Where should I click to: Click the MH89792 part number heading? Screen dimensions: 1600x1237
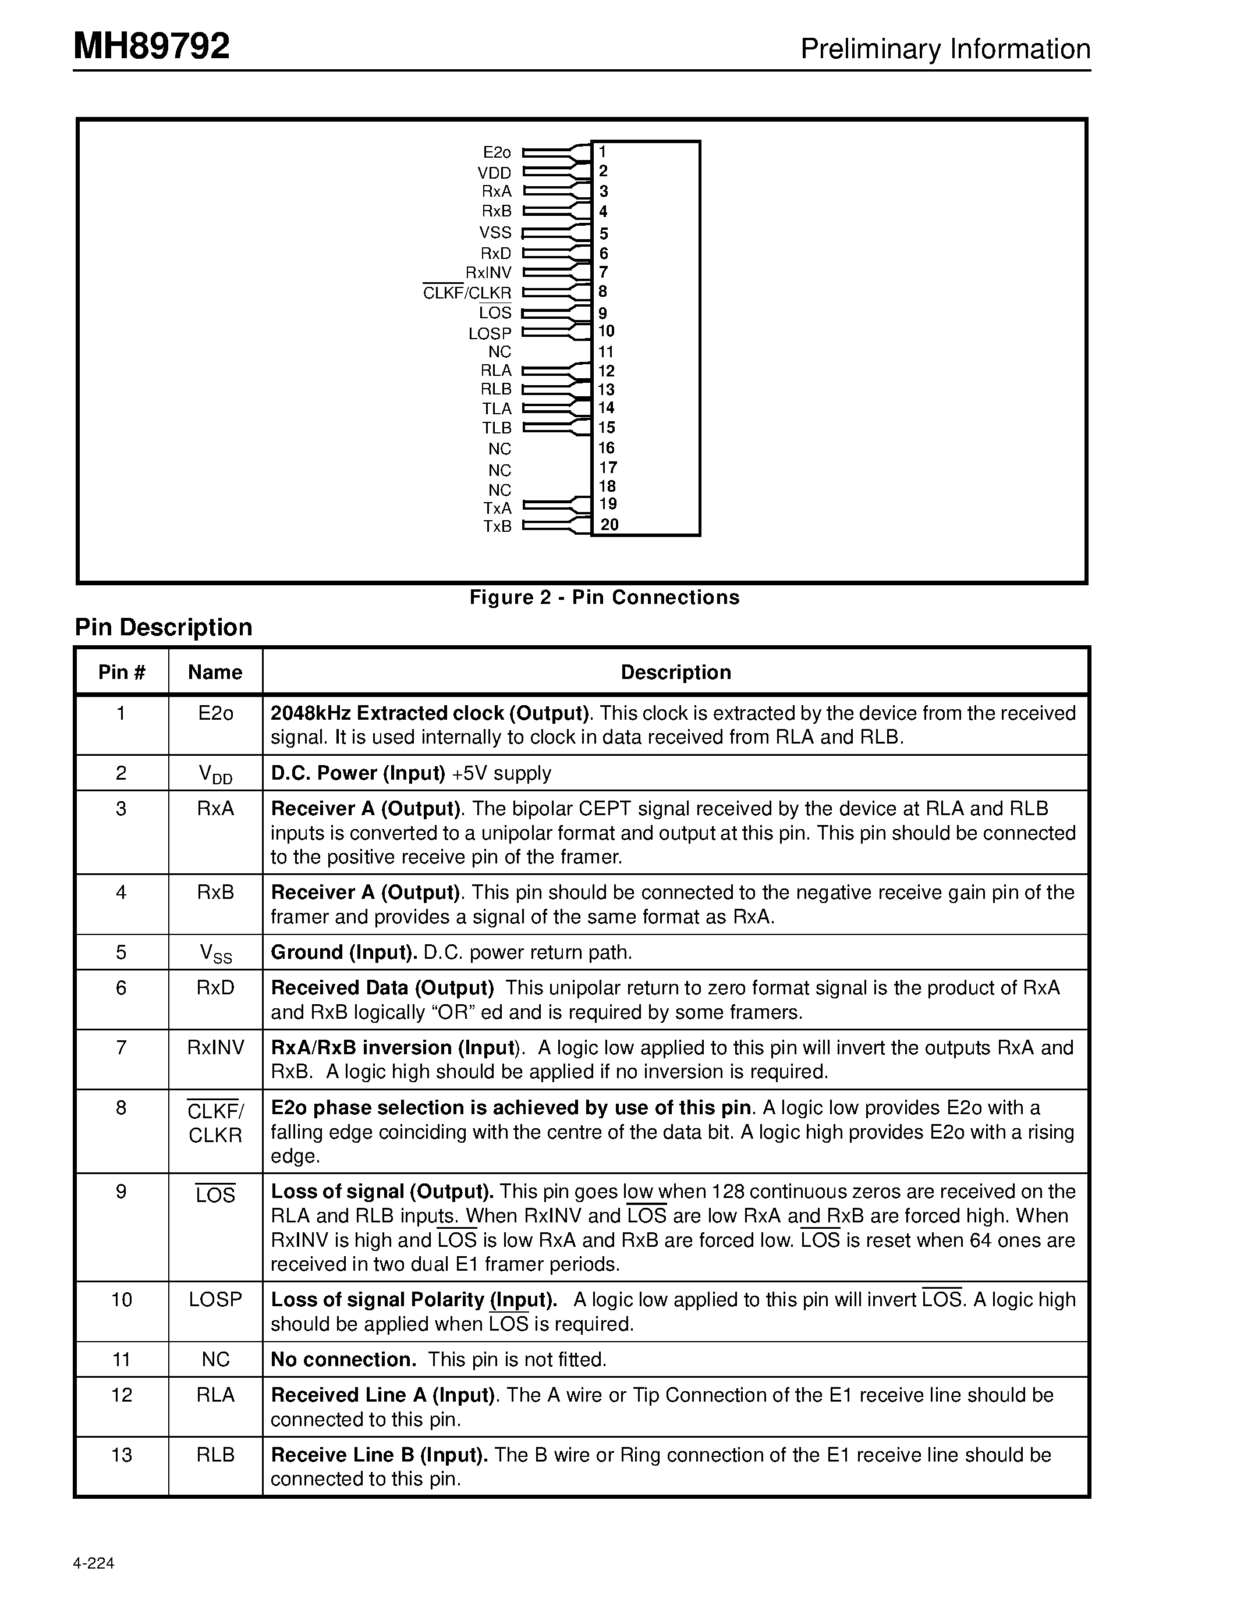[152, 46]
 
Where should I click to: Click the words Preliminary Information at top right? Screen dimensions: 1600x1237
[945, 49]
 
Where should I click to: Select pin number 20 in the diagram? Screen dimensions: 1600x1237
[609, 525]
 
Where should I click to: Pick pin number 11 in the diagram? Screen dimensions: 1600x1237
[605, 351]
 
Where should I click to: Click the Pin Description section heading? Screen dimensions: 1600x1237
[164, 627]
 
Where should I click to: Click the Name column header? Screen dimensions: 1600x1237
[215, 673]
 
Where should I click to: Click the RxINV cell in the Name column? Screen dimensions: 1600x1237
[215, 1048]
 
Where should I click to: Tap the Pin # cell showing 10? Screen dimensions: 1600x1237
[121, 1300]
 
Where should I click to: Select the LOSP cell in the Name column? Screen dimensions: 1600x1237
[215, 1300]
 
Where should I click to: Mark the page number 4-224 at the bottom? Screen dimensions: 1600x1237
[94, 1563]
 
